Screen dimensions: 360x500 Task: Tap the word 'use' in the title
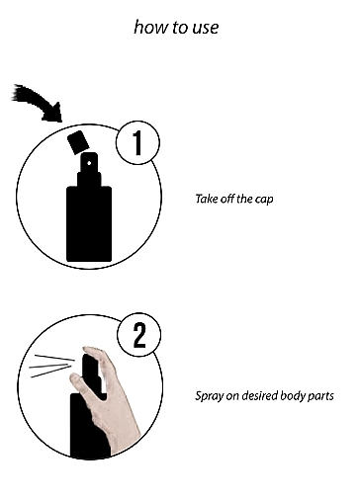click(x=206, y=28)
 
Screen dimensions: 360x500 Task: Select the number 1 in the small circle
click(x=137, y=142)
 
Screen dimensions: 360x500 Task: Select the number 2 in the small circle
click(x=139, y=335)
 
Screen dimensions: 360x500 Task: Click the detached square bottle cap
click(x=78, y=142)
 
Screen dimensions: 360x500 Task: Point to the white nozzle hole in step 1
click(x=89, y=163)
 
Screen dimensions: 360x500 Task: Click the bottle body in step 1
click(x=89, y=224)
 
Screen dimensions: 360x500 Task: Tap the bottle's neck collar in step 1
click(x=89, y=179)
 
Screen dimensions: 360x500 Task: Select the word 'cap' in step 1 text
click(x=264, y=200)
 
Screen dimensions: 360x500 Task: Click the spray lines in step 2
click(x=51, y=366)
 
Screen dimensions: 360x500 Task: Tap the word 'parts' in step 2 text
click(x=320, y=396)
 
